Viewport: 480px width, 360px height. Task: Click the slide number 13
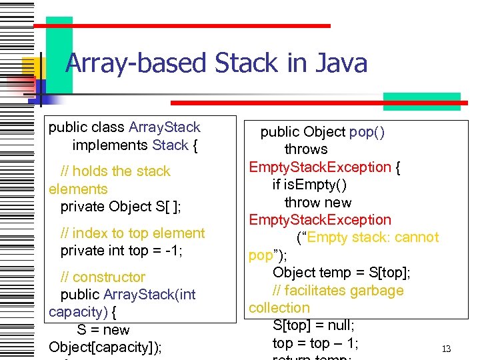tap(447, 349)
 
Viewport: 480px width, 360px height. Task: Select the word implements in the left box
tap(110, 145)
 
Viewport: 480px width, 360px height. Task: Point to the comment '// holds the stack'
tap(115, 171)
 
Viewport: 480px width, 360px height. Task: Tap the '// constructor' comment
tap(103, 277)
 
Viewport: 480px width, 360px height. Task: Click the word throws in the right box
tap(306, 149)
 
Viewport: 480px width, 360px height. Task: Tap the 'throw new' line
tap(318, 202)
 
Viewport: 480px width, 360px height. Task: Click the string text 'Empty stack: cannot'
tap(367, 237)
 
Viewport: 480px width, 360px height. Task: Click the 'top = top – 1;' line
tap(315, 343)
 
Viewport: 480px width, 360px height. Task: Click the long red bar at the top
tap(181, 25)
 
